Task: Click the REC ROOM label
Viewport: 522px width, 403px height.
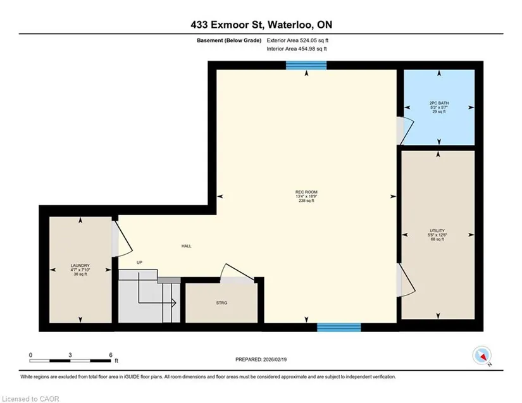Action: point(306,196)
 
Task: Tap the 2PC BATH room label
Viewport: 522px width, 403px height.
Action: point(439,108)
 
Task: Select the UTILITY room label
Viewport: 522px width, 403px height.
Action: point(437,235)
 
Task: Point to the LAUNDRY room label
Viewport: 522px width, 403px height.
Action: point(80,270)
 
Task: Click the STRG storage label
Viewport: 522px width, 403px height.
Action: point(221,303)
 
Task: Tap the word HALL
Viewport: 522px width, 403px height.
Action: point(187,246)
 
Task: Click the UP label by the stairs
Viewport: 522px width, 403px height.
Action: point(139,263)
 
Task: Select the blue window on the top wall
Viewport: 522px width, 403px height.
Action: point(306,65)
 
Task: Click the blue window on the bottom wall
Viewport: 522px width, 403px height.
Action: point(339,328)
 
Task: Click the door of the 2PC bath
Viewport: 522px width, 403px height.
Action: point(407,130)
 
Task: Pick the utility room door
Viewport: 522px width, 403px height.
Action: point(407,279)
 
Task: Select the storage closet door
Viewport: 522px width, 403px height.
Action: point(239,272)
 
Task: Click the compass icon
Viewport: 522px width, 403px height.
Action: point(482,355)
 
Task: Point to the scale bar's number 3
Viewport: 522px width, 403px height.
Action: point(70,355)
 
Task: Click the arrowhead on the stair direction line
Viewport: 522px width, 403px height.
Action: point(173,303)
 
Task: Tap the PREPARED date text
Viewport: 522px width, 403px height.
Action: point(261,359)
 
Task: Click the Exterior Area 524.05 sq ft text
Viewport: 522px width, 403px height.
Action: point(297,40)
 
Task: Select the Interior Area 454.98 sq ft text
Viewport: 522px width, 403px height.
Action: point(297,49)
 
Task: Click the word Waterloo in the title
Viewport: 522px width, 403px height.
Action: point(290,25)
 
